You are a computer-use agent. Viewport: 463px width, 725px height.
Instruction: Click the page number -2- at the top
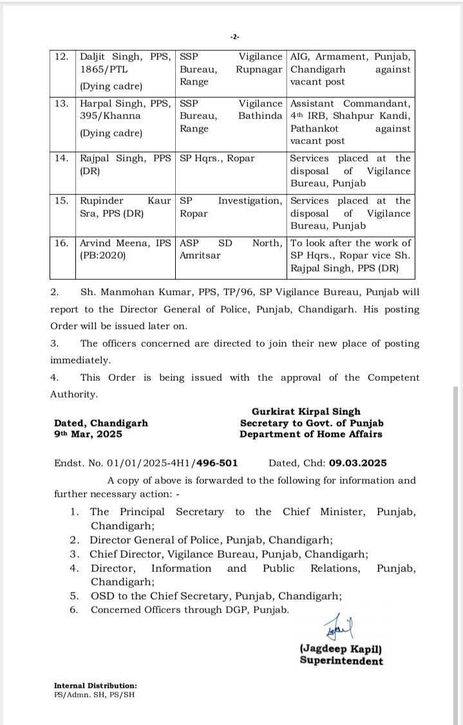[x=234, y=37]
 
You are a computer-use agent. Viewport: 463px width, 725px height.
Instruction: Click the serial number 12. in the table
[x=62, y=57]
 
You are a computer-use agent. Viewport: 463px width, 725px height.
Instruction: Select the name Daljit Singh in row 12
[x=107, y=57]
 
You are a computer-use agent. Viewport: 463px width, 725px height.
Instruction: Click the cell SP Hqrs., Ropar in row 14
[x=217, y=158]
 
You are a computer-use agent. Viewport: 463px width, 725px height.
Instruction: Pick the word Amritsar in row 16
[x=200, y=255]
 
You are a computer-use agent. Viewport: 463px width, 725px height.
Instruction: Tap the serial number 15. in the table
[x=62, y=201]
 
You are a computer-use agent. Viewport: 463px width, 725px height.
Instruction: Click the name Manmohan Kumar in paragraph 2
[x=150, y=292]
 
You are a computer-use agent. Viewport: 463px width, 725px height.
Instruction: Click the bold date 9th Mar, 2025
[x=88, y=434]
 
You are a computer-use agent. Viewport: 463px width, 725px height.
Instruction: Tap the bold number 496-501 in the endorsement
[x=216, y=463]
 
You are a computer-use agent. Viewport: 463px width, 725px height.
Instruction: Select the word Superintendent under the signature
[x=341, y=661]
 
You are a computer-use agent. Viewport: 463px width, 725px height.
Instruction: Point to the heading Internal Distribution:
[x=95, y=686]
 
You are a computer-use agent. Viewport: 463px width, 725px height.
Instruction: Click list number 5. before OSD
[x=75, y=596]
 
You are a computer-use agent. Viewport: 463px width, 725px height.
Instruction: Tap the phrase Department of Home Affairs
[x=310, y=434]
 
